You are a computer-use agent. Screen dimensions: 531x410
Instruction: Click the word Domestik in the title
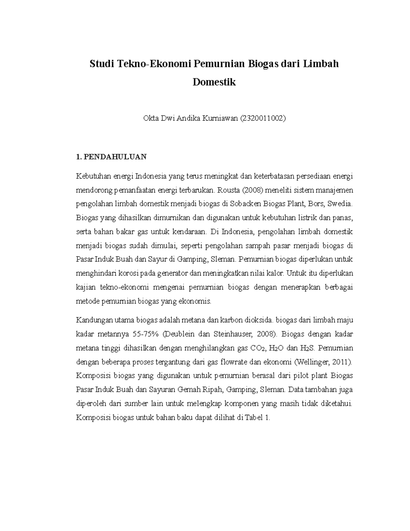pyautogui.click(x=214, y=82)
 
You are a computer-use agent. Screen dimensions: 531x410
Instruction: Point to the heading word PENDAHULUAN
pyautogui.click(x=115, y=157)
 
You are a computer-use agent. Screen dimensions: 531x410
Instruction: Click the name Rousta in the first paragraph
pyautogui.click(x=228, y=190)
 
